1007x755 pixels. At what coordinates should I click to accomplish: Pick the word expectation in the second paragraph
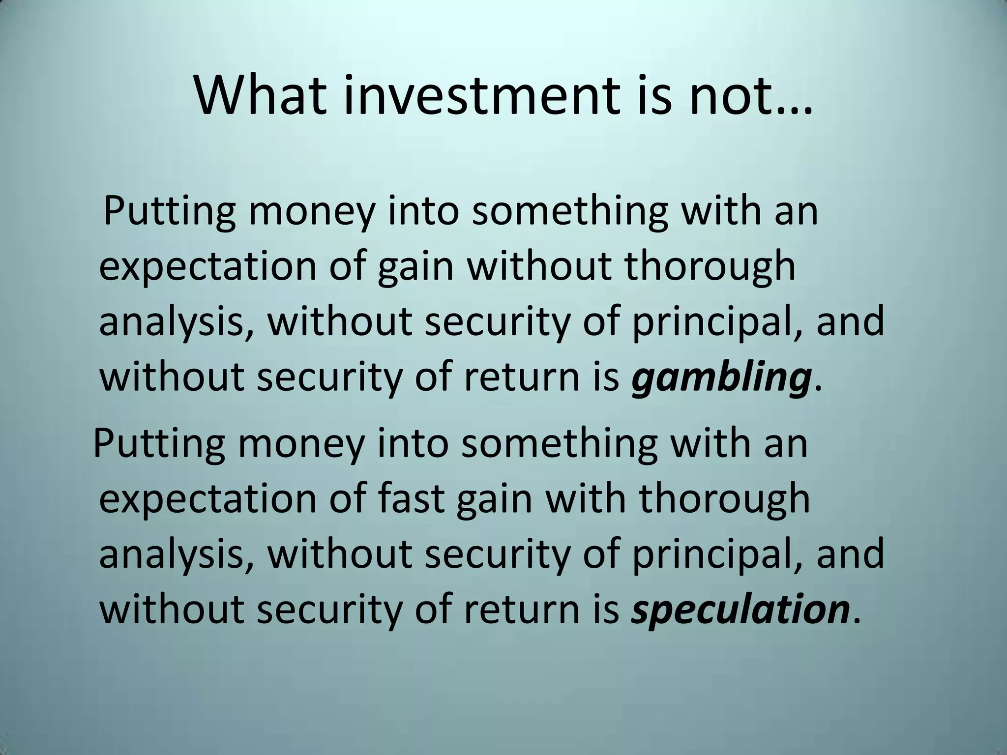click(x=207, y=499)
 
